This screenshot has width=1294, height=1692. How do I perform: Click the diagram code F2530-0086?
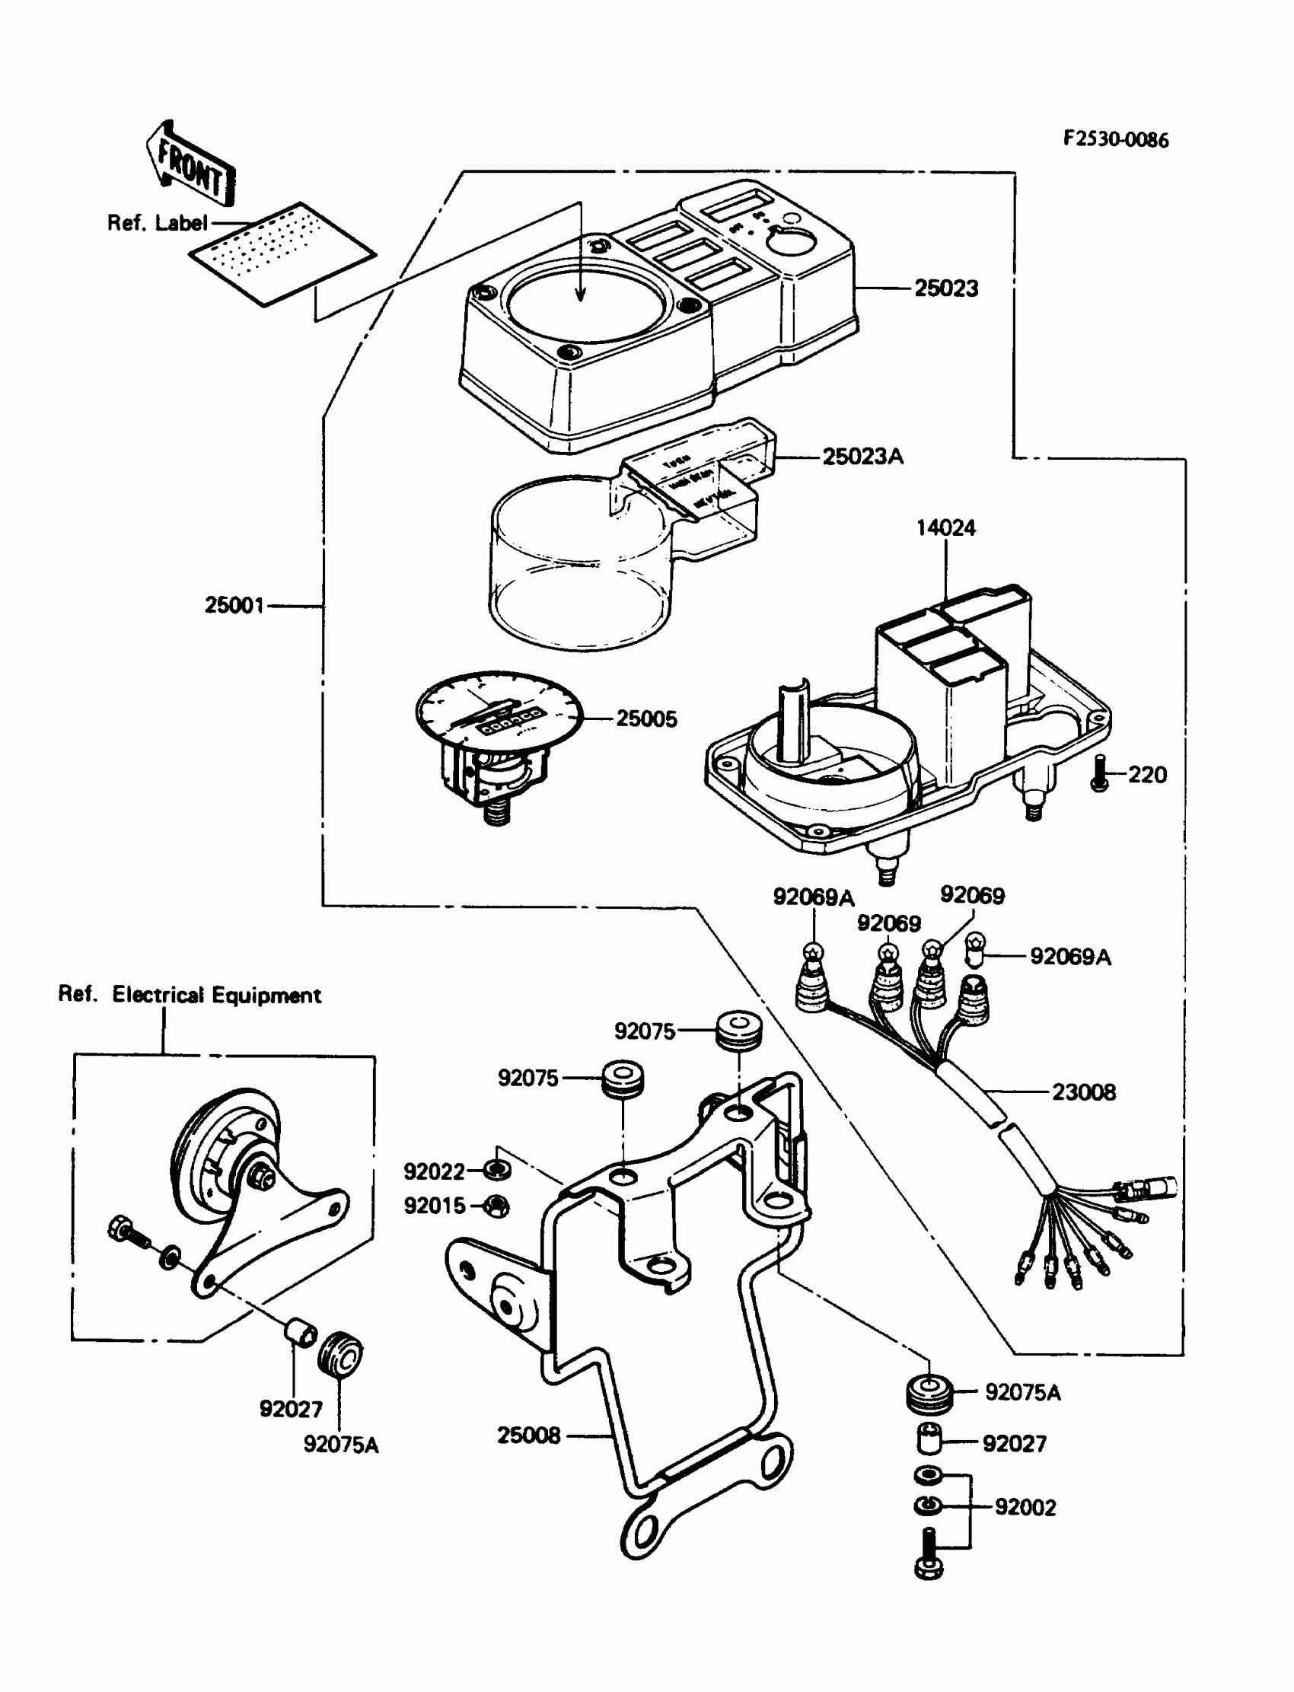click(x=1115, y=139)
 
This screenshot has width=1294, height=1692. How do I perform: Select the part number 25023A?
click(x=862, y=457)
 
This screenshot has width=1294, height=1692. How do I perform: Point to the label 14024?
click(x=945, y=527)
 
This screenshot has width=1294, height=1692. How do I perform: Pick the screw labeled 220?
click(x=1100, y=773)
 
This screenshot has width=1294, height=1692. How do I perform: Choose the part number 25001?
click(x=234, y=604)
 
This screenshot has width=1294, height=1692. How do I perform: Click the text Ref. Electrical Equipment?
click(x=190, y=994)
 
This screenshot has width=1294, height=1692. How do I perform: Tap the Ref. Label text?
click(x=157, y=222)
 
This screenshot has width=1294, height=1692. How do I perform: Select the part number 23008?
click(x=1083, y=1091)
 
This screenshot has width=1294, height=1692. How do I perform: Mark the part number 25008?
click(x=528, y=1435)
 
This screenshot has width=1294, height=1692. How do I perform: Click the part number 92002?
click(x=1025, y=1506)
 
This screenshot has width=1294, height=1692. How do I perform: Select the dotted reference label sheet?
click(x=282, y=253)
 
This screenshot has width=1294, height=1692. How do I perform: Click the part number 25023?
click(x=946, y=288)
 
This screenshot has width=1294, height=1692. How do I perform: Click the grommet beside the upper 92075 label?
click(x=738, y=1030)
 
